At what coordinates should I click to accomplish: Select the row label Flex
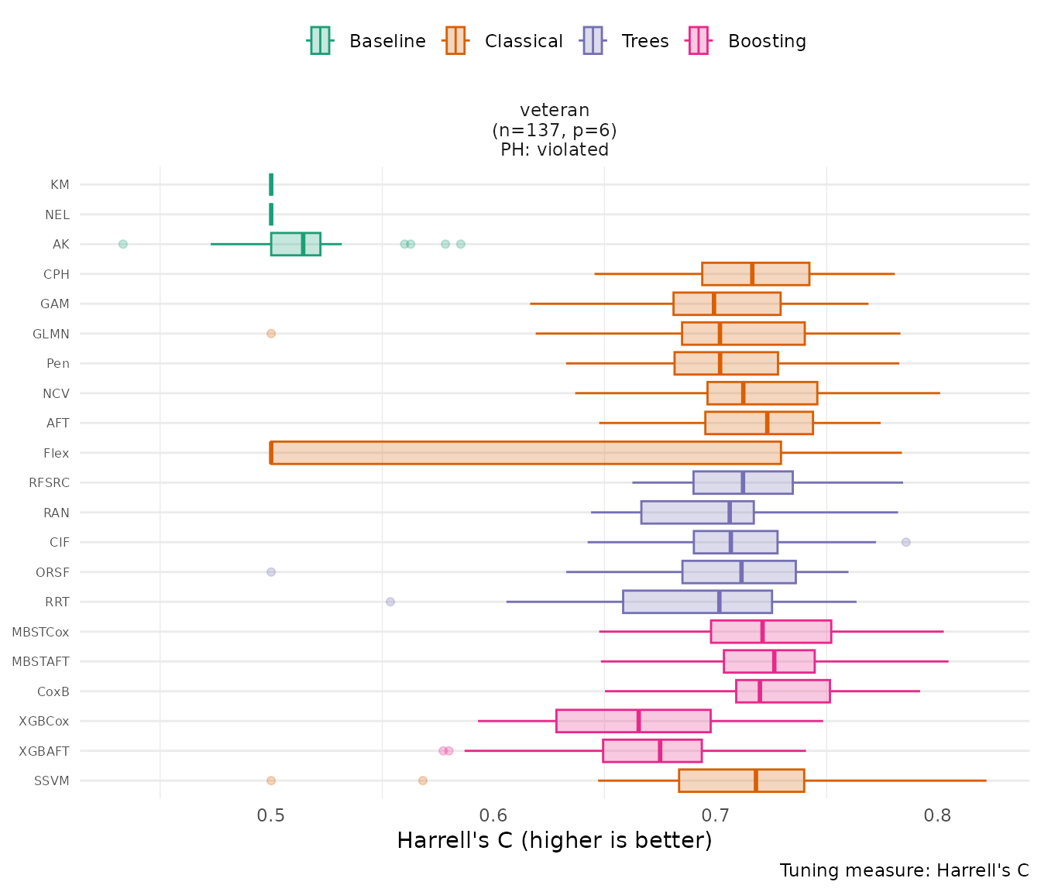[x=57, y=453]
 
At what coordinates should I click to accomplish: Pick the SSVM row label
[x=52, y=780]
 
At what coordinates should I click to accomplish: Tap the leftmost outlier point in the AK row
[x=123, y=244]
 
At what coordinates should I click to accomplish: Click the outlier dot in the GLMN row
[x=271, y=334]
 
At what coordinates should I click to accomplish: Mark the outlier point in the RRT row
[x=390, y=602]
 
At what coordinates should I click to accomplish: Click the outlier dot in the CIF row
[x=906, y=542]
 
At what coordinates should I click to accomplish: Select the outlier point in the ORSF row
[x=271, y=572]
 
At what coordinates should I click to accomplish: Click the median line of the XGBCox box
[x=638, y=721]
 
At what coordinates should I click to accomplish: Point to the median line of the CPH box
[x=752, y=274]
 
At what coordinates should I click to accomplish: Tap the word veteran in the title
[x=555, y=110]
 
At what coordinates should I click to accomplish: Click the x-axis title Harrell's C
[x=554, y=840]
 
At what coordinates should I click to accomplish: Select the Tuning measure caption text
[x=904, y=870]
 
